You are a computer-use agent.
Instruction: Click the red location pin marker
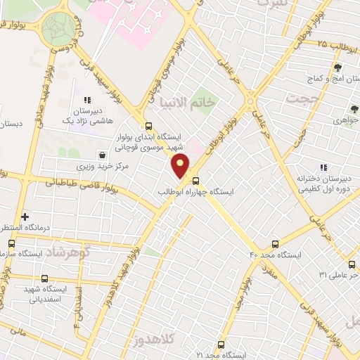click(181, 167)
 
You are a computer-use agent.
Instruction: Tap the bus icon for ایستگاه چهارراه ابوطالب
click(195, 180)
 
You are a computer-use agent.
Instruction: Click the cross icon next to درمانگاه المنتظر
click(25, 217)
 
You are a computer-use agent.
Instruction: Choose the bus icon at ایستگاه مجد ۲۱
click(221, 345)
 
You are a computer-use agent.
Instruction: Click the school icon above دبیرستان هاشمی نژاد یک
click(87, 101)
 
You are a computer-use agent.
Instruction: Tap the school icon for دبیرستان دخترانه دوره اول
click(323, 167)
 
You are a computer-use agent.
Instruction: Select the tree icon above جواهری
click(354, 110)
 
